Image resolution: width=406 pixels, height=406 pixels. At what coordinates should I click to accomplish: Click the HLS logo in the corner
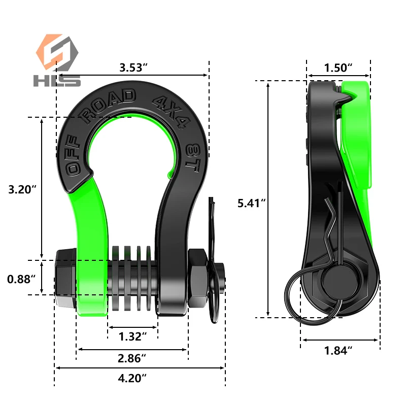57,60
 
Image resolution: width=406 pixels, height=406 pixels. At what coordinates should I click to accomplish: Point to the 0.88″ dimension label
20,279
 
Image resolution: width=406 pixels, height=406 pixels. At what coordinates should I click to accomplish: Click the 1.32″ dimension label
132,336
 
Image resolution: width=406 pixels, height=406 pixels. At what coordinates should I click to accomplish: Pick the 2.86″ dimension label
132,358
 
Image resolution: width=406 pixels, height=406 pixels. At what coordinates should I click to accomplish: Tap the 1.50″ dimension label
339,67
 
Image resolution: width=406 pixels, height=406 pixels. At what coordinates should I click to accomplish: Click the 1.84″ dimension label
339,350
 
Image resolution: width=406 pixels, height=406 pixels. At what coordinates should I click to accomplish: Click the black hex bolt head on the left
64,278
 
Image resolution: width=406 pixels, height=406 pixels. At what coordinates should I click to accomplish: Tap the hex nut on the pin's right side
197,279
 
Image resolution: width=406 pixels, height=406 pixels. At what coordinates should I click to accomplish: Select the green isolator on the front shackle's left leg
91,244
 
